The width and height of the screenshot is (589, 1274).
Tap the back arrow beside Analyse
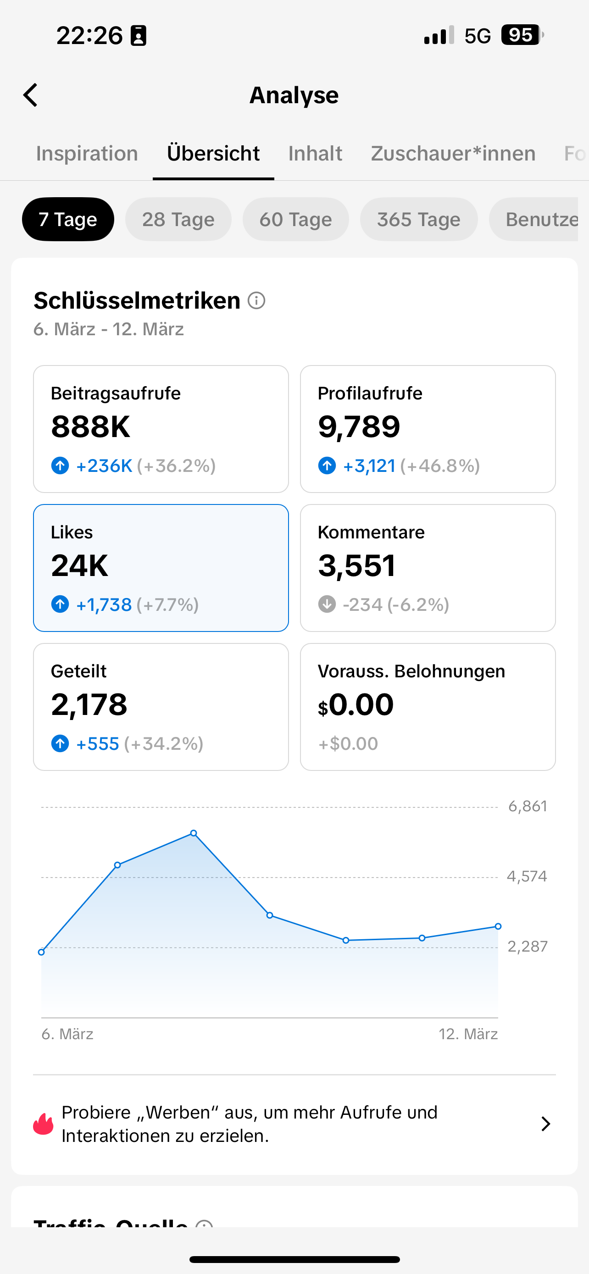[x=31, y=95]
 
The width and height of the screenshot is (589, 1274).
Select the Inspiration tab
[x=87, y=153]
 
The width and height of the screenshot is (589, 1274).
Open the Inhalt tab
[x=315, y=153]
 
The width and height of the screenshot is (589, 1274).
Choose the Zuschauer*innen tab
[x=453, y=153]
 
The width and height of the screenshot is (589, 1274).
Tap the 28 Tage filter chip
[x=178, y=219]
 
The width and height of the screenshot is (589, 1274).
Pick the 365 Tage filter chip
[x=418, y=219]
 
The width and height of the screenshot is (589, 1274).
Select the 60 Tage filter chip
[x=295, y=219]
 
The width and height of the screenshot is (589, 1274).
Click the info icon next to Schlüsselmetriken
[x=256, y=300]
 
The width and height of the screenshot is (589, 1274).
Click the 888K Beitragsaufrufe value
[x=90, y=427]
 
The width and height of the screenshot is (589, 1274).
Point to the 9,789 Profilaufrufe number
[x=359, y=427]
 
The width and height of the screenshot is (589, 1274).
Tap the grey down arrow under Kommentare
[x=327, y=604]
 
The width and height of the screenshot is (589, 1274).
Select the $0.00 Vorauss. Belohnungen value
[x=356, y=705]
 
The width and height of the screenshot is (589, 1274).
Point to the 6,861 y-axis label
[x=527, y=807]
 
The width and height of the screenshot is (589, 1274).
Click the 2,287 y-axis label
[x=527, y=947]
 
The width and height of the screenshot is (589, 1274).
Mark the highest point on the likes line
[x=194, y=833]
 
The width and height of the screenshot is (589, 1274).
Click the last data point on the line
[x=498, y=926]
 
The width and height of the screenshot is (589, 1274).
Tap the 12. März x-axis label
[x=468, y=1034]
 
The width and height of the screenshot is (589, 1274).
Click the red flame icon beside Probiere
[x=44, y=1124]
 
